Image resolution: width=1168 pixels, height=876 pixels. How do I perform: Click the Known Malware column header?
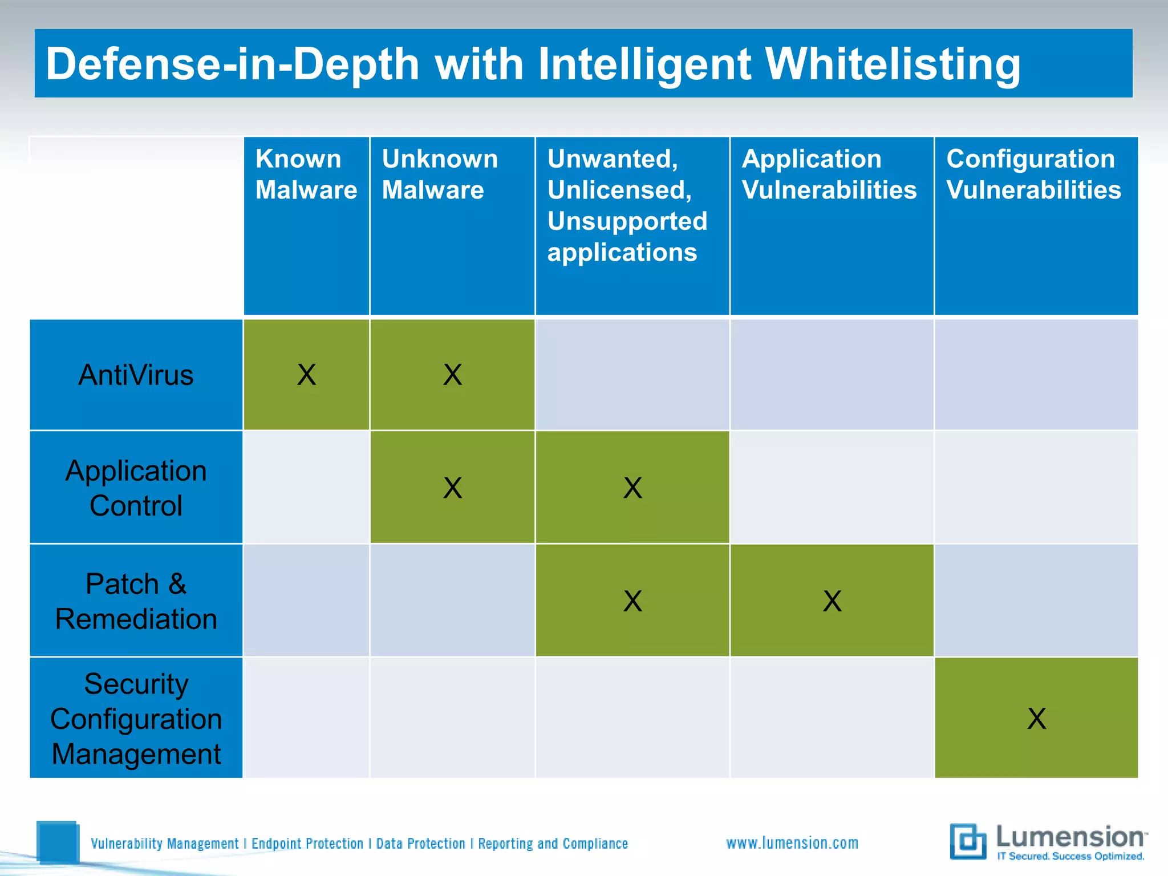306,174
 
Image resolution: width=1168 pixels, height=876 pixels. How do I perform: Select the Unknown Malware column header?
440,174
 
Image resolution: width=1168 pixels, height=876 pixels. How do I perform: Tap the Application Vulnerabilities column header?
829,174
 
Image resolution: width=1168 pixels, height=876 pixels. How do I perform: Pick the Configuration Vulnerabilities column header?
1033,174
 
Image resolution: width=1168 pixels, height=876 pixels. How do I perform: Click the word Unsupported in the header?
627,221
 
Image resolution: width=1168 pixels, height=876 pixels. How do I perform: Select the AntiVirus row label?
136,375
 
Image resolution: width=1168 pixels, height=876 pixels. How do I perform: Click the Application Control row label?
136,488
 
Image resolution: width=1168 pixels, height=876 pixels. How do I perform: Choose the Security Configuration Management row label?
136,719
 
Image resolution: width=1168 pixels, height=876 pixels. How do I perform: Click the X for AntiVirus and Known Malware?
306,375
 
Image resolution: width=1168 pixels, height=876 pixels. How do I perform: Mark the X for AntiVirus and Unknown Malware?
452,375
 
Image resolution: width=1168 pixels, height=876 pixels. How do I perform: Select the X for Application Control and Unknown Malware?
452,488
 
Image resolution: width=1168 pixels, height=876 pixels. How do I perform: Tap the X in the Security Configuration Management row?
1036,719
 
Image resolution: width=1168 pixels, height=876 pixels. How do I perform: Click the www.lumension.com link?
792,843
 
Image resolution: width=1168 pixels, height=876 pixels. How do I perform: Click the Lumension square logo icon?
968,841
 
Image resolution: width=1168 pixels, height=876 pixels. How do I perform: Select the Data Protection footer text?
420,843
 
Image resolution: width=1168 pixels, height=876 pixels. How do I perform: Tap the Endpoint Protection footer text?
307,843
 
